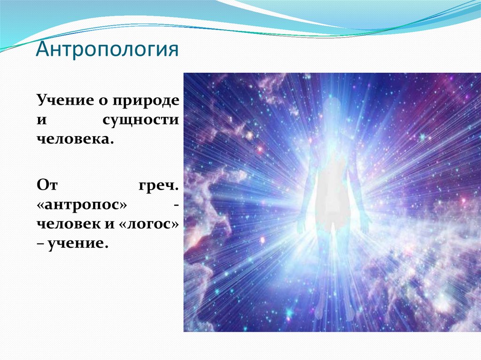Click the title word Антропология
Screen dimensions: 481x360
[x=107, y=49]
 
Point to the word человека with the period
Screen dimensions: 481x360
[x=73, y=139]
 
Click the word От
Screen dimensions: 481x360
[x=47, y=185]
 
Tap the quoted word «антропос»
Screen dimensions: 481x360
[x=82, y=205]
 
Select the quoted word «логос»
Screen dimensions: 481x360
[x=148, y=224]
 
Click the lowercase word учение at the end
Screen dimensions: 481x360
[x=78, y=244]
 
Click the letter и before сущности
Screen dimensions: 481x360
[x=42, y=120]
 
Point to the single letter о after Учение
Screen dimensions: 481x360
[x=103, y=101]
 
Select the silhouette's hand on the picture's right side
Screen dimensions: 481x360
[x=365, y=226]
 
